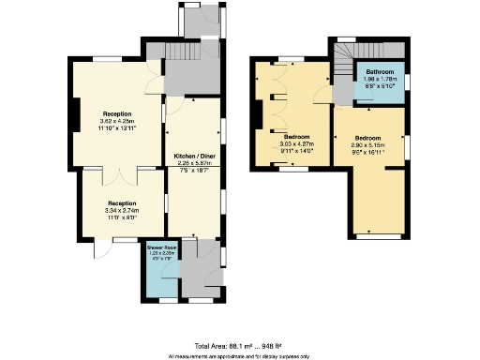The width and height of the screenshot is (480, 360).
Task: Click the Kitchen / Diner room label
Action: click(196, 157)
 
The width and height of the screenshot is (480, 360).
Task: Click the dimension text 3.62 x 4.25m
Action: click(118, 121)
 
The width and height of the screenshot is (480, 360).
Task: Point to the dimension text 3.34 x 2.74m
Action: click(122, 211)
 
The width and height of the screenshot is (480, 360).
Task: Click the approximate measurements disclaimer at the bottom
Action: click(239, 355)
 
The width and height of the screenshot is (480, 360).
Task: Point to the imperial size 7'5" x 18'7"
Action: click(196, 172)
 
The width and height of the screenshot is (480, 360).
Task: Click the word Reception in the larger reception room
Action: click(118, 113)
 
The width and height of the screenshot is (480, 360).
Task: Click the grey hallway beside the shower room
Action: click(197, 272)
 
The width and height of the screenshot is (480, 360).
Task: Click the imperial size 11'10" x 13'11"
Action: click(118, 128)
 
